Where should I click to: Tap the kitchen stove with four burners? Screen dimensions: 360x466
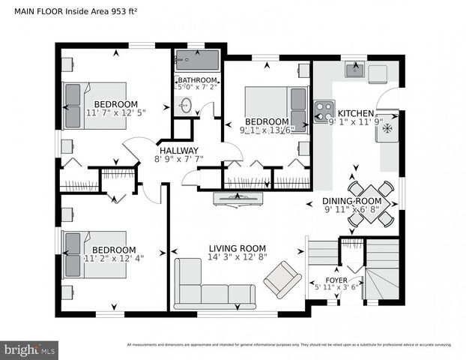point(324,112)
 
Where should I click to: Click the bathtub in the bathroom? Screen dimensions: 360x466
point(196,60)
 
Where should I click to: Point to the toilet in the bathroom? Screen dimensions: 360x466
point(184,106)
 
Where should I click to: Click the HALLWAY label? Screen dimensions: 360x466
point(178,149)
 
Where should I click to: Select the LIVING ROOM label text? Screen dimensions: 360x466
point(237,249)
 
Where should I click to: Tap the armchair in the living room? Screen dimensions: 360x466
point(282,279)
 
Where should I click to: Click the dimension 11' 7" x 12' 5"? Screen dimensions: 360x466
point(115,113)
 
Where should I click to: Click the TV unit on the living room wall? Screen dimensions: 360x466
point(237,198)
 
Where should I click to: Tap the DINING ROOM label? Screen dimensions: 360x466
point(352,201)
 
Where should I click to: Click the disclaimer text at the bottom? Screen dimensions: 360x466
point(289,345)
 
